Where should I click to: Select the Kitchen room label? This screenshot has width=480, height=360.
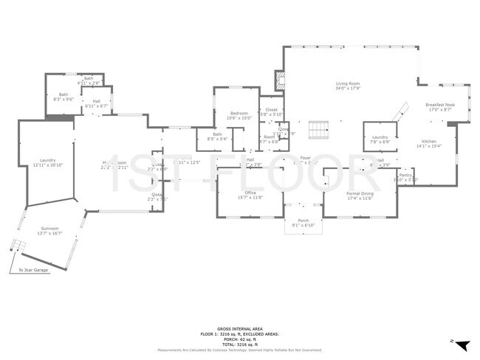[429, 142]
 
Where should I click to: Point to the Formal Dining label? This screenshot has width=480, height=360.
[360, 195]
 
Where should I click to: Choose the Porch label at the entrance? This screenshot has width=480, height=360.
[303, 222]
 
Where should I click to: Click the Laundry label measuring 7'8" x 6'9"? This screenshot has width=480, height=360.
[380, 139]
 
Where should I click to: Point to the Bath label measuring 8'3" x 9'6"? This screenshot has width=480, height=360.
[64, 96]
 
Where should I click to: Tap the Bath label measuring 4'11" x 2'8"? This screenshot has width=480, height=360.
[89, 80]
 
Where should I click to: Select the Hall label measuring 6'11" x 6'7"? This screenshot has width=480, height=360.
[96, 103]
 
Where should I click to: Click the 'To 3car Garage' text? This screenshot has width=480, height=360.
[33, 271]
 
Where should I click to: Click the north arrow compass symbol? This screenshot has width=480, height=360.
[462, 345]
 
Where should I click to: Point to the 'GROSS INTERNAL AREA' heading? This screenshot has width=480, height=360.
[239, 329]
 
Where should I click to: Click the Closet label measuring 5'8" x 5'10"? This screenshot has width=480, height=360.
[271, 112]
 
